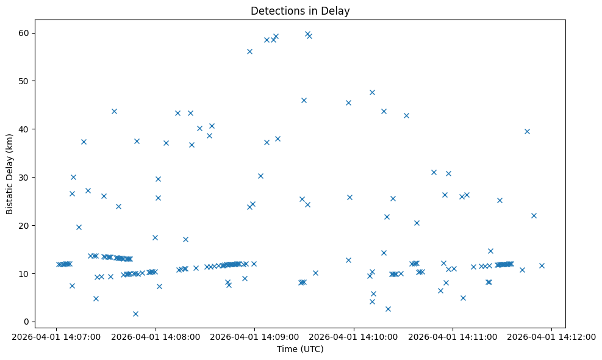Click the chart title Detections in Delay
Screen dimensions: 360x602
click(x=299, y=11)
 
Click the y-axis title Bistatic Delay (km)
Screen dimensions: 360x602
click(x=10, y=170)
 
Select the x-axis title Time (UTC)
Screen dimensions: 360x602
click(x=299, y=350)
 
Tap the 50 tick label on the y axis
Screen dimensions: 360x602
click(x=26, y=81)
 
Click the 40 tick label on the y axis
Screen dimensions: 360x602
click(x=26, y=129)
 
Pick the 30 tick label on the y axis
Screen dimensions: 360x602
click(x=26, y=177)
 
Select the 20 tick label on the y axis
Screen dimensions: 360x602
click(x=26, y=225)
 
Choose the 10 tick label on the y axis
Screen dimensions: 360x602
click(x=26, y=273)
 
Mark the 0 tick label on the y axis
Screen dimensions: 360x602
click(x=28, y=322)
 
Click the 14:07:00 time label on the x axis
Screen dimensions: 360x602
click(x=56, y=336)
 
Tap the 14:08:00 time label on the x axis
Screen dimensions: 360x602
click(x=156, y=336)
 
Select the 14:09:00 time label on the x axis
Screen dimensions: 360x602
click(x=254, y=336)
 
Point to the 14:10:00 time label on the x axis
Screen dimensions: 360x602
click(x=354, y=336)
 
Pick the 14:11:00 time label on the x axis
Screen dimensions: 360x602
click(x=453, y=336)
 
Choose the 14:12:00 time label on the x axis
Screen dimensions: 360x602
click(x=552, y=336)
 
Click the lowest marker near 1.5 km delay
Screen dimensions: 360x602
click(x=135, y=314)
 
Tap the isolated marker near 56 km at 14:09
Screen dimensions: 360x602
click(x=249, y=51)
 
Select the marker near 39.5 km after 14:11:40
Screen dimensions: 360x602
click(x=527, y=131)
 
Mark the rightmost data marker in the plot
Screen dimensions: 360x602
click(x=542, y=265)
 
